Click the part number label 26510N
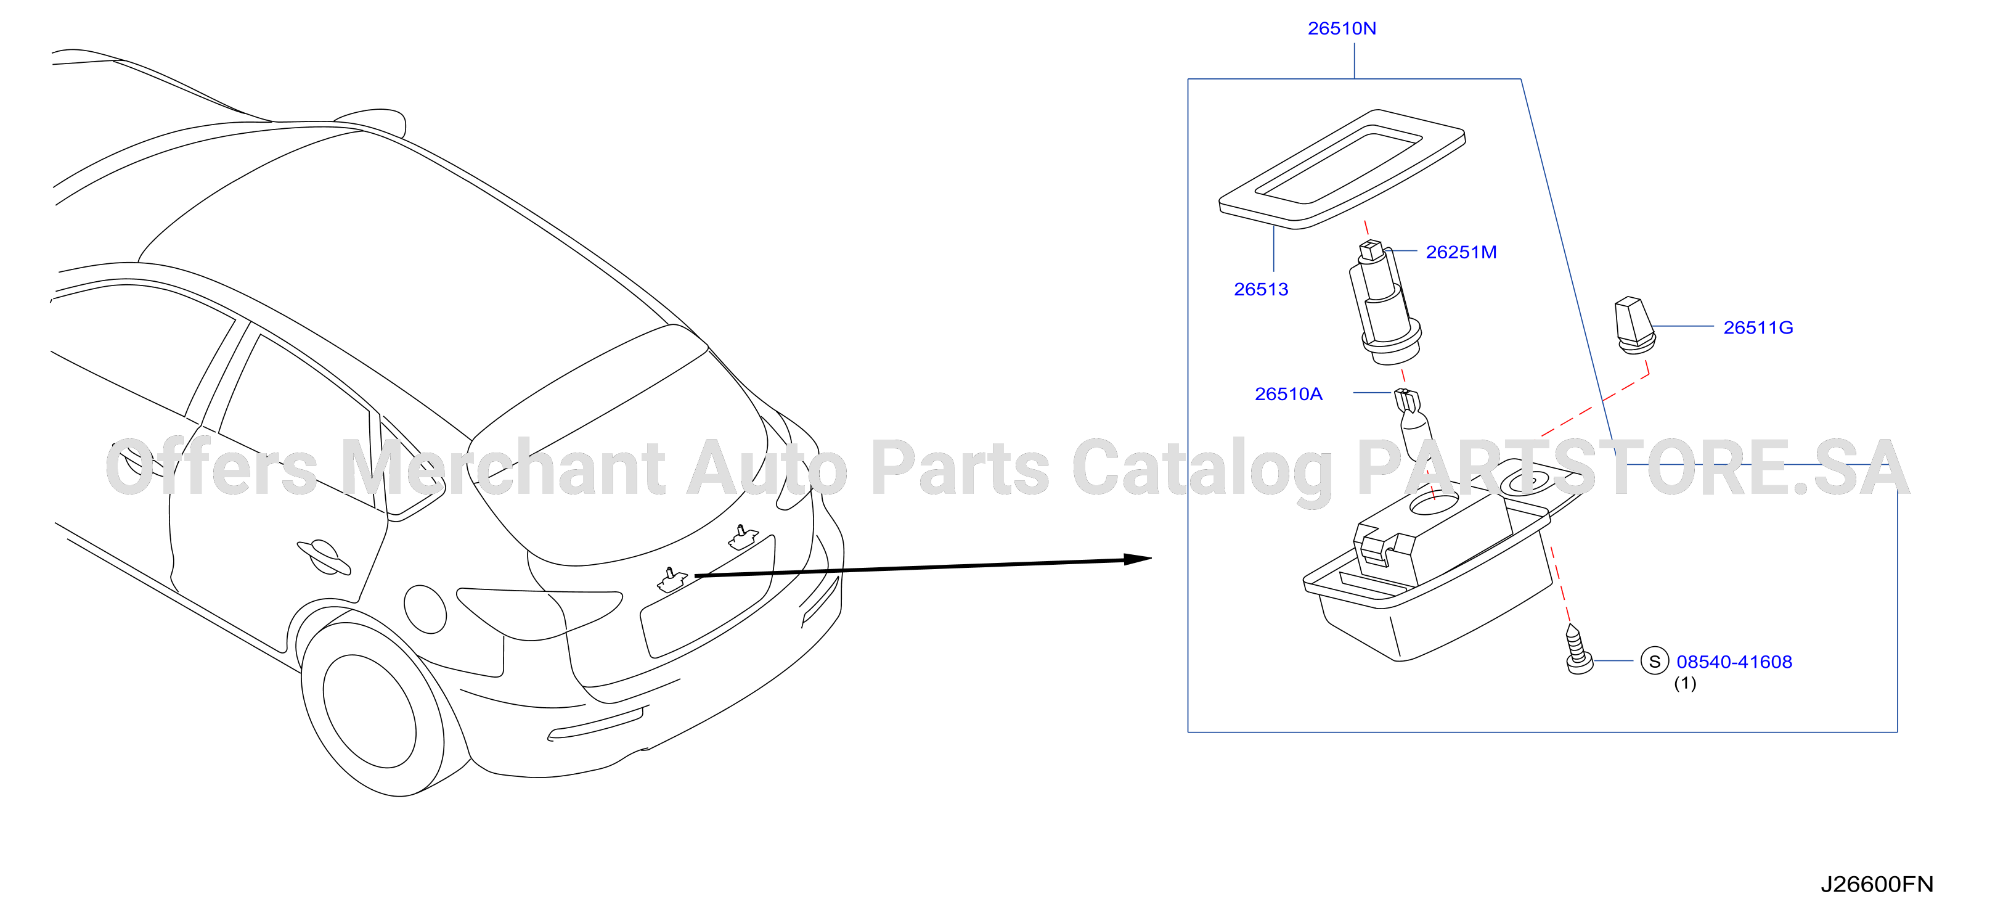point(1342,29)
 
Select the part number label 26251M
point(1461,253)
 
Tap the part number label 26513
point(1261,290)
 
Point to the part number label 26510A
point(1288,394)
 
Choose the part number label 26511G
point(1758,328)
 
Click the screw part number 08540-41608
point(1734,662)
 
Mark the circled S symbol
point(1654,661)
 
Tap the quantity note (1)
point(1685,684)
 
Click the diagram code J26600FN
point(1877,885)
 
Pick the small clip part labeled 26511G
point(1633,325)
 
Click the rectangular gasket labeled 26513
point(1342,170)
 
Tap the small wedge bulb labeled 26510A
point(1414,429)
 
